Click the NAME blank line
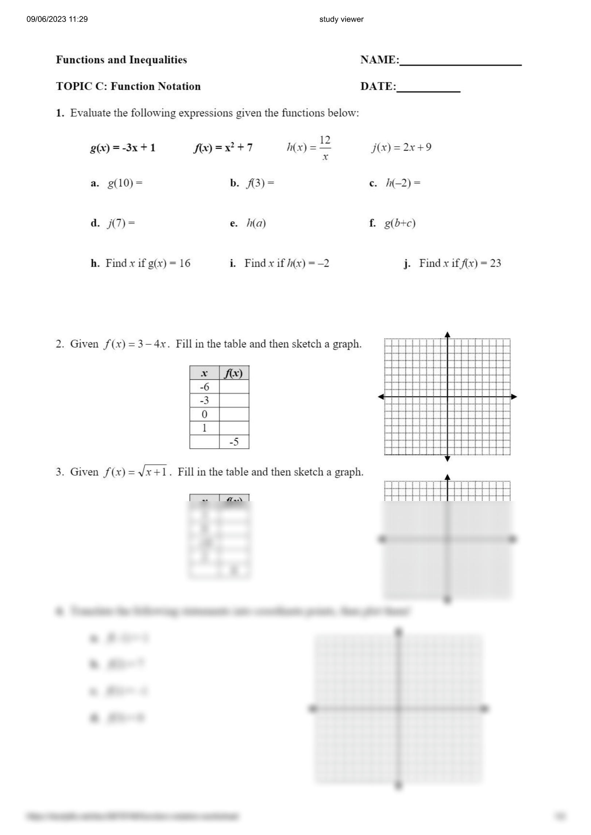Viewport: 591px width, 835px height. pyautogui.click(x=460, y=64)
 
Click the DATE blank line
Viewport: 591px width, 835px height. pyautogui.click(x=428, y=91)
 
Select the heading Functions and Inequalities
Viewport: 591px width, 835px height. pyautogui.click(x=121, y=60)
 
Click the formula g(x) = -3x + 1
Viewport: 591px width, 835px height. pyautogui.click(x=123, y=148)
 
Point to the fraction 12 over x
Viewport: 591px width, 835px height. pyautogui.click(x=325, y=148)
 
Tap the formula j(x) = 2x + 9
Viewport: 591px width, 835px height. pyautogui.click(x=401, y=147)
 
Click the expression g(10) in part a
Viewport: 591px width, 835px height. pyautogui.click(x=120, y=183)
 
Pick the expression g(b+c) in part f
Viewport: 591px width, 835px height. pyautogui.click(x=400, y=223)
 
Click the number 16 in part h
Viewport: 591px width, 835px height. pyautogui.click(x=185, y=263)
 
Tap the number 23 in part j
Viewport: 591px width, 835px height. pyautogui.click(x=495, y=263)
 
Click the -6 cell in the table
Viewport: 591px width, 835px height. pyautogui.click(x=204, y=387)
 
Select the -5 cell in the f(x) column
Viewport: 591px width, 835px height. pyautogui.click(x=234, y=442)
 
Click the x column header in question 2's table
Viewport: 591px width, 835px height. pyautogui.click(x=204, y=373)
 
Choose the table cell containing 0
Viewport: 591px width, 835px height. pyautogui.click(x=204, y=414)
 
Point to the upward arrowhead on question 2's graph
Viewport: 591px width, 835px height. pyautogui.click(x=448, y=335)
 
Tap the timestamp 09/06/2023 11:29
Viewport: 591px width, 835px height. pyautogui.click(x=57, y=19)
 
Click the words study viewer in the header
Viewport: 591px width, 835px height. pyautogui.click(x=341, y=19)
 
